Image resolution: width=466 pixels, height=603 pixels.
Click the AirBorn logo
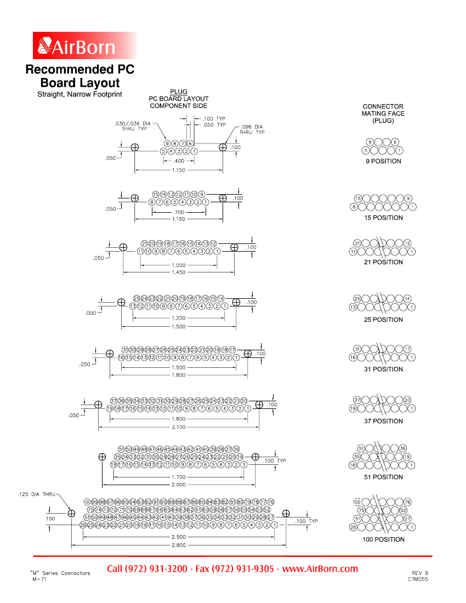tap(85, 46)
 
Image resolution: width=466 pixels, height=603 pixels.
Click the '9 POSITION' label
tap(384, 161)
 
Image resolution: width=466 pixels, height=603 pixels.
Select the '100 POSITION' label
tap(384, 539)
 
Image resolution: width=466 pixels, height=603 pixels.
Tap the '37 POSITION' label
tap(384, 421)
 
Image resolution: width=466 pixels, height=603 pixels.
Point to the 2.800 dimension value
tap(179, 545)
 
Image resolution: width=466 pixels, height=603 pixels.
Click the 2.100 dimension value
tap(179, 427)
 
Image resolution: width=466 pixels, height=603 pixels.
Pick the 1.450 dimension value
tap(179, 272)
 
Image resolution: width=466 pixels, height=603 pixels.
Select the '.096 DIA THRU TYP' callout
tap(252, 129)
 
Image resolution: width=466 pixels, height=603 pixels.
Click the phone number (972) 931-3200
tap(147, 568)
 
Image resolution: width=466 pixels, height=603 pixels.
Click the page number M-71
tap(39, 579)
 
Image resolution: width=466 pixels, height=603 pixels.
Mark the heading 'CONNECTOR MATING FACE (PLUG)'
tap(383, 113)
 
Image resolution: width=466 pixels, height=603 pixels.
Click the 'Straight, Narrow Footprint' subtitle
tap(79, 94)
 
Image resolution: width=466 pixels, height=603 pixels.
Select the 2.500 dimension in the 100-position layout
tap(179, 538)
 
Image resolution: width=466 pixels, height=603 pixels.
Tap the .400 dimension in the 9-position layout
tap(179, 161)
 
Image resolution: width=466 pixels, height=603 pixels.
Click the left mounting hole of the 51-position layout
tap(102, 457)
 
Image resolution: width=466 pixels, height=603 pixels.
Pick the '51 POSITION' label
tap(384, 477)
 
